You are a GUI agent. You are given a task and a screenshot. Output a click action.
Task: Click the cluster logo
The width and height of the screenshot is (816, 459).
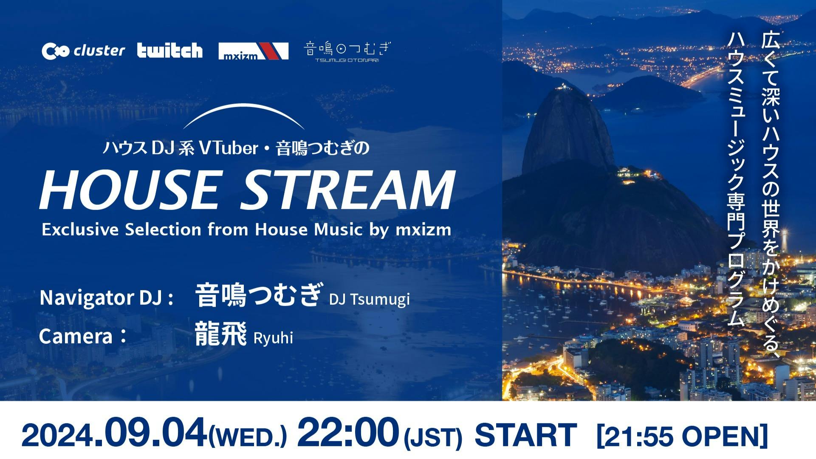click(x=83, y=51)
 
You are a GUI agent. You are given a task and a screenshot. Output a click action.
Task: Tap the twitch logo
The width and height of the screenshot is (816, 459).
click(x=170, y=51)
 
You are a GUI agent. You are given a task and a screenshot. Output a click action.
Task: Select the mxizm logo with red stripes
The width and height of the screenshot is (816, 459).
click(x=254, y=51)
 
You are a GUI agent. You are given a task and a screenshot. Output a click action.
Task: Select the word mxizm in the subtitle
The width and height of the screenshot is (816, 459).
click(x=423, y=230)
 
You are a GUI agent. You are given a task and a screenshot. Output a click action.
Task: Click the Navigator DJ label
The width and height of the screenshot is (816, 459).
click(x=107, y=298)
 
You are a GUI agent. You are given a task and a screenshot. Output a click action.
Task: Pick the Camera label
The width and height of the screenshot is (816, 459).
click(x=83, y=336)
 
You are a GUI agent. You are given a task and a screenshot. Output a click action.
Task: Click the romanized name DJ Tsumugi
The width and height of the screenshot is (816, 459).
click(x=369, y=299)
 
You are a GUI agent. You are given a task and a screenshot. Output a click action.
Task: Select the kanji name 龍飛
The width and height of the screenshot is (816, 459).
click(x=221, y=334)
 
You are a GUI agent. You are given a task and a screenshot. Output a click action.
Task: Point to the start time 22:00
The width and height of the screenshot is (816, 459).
click(x=348, y=433)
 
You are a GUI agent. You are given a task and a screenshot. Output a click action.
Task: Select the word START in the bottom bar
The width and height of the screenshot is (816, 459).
click(x=526, y=435)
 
